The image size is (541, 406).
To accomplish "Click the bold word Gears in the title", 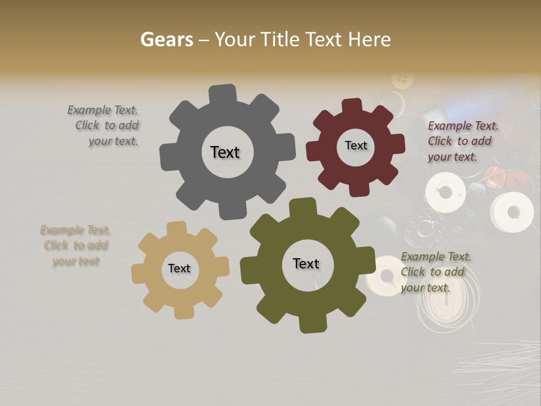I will click(166, 39).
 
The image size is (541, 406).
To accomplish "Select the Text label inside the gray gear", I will click(225, 152).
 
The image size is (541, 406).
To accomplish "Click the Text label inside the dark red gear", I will click(356, 145).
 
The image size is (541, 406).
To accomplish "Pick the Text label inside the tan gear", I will click(179, 268).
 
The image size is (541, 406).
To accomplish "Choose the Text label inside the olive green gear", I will click(306, 263).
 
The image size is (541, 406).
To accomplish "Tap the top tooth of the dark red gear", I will click(352, 105).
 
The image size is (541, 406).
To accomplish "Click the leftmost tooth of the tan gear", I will click(138, 274).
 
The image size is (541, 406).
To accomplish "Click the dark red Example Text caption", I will click(462, 141).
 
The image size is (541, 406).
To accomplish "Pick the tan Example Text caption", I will click(75, 245).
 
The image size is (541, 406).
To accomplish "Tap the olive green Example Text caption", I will click(436, 272).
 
